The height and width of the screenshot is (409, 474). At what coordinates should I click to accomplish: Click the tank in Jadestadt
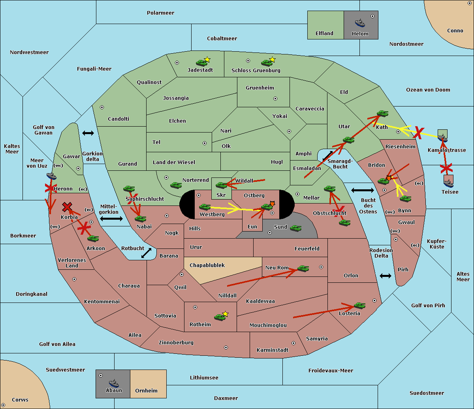coord(202,62)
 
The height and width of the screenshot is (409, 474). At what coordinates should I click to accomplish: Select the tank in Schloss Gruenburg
coord(267,62)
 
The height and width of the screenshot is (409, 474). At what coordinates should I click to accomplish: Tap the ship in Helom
coord(360,22)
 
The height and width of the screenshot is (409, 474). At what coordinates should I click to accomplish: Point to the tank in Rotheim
coord(220,317)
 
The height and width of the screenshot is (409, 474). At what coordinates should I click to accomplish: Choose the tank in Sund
coord(296,228)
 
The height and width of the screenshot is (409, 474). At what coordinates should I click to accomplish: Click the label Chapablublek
coord(207,265)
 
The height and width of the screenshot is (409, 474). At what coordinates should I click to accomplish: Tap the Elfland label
coord(324,34)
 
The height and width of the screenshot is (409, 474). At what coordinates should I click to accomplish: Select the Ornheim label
coord(146,390)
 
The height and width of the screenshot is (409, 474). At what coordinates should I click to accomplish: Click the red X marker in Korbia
coord(67,207)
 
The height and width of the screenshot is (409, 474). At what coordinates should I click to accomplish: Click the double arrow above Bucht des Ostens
coord(362,190)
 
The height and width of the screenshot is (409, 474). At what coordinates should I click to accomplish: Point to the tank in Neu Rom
coord(303,268)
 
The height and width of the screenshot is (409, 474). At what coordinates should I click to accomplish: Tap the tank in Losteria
coord(359,305)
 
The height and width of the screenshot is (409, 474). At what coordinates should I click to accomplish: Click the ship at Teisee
coord(448,183)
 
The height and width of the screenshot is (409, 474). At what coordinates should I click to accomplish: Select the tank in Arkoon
coord(93,238)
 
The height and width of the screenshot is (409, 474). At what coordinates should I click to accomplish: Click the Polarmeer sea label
coord(160,13)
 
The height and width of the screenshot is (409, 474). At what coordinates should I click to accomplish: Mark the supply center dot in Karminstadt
coord(293,343)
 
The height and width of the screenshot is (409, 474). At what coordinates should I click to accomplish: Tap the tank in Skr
coord(222,185)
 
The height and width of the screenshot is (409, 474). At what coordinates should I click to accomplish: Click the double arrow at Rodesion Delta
coord(386,276)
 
